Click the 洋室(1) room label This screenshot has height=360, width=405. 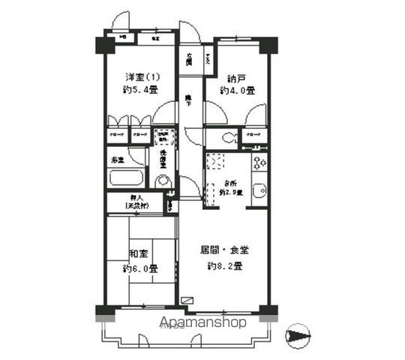coord(141,76)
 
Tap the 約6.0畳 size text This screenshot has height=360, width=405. coord(139,268)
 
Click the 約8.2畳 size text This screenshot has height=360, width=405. coord(224,266)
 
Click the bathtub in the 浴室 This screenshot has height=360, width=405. coord(125,178)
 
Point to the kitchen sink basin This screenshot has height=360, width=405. coord(259,191)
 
